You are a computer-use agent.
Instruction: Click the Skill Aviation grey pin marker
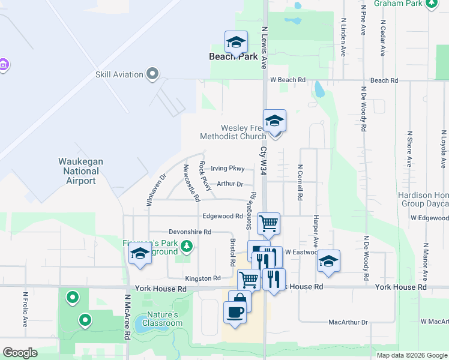[x=152, y=74]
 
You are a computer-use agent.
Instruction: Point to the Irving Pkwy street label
[x=228, y=169]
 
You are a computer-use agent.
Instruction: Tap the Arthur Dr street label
[x=230, y=184]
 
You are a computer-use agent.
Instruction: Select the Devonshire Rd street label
[x=190, y=232]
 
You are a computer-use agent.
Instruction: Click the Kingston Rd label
[x=203, y=278]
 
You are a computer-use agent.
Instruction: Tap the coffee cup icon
[x=234, y=312]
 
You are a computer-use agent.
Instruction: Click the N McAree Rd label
[x=128, y=317]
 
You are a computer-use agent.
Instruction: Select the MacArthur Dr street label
[x=348, y=322]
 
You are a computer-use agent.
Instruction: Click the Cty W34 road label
[x=263, y=161]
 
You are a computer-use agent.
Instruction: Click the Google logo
[x=20, y=353]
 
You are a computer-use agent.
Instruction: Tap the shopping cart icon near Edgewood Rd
[x=268, y=223]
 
